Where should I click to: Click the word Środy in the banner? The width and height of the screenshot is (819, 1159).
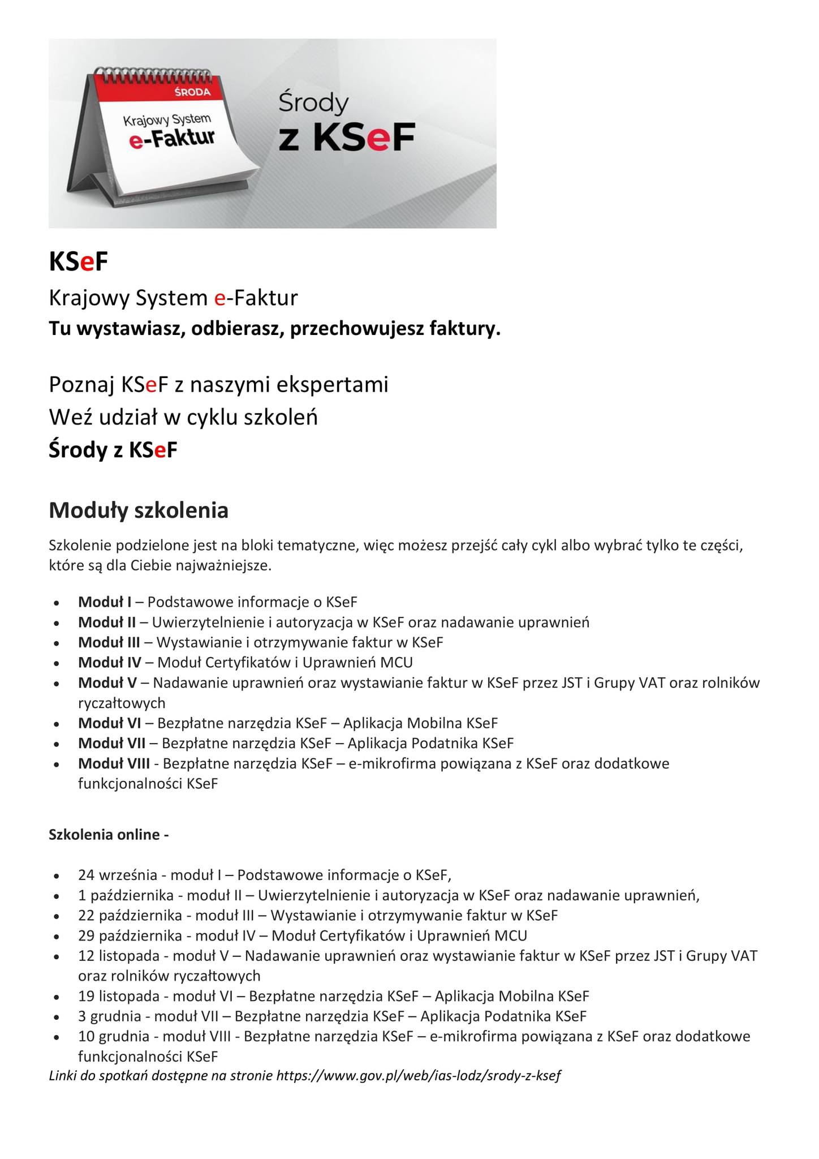313,104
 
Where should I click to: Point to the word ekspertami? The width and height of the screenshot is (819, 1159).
332,385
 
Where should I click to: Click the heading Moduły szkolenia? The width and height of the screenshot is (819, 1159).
139,510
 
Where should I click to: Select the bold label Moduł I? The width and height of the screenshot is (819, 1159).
105,602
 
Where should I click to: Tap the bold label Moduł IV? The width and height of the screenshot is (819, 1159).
110,662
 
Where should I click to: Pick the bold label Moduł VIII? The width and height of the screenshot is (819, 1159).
114,763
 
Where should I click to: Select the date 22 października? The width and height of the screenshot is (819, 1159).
130,915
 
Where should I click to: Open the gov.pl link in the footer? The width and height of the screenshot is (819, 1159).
419,1076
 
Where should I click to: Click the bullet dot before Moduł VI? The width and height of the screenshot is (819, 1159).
57,724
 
